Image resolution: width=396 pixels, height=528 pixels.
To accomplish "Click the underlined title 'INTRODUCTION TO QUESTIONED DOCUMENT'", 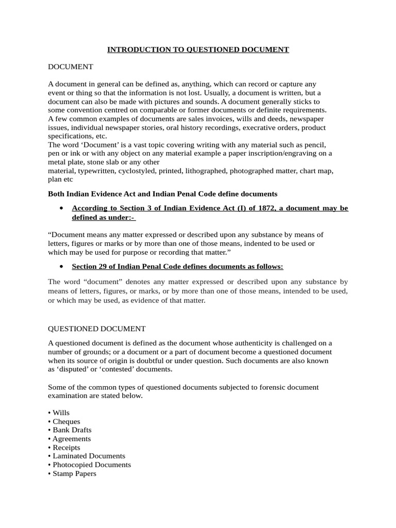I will pyautogui.click(x=198, y=49).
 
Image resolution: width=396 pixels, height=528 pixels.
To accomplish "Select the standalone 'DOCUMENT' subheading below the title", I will pyautogui.click(x=70, y=67).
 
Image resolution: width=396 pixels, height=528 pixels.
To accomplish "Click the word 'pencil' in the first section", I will pyautogui.click(x=315, y=144).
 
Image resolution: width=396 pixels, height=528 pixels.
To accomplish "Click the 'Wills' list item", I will pyautogui.click(x=60, y=413).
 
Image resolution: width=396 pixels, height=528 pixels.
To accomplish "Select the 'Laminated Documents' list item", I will pyautogui.click(x=89, y=456).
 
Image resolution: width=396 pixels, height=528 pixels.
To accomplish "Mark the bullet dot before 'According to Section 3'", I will pyautogui.click(x=62, y=208).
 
